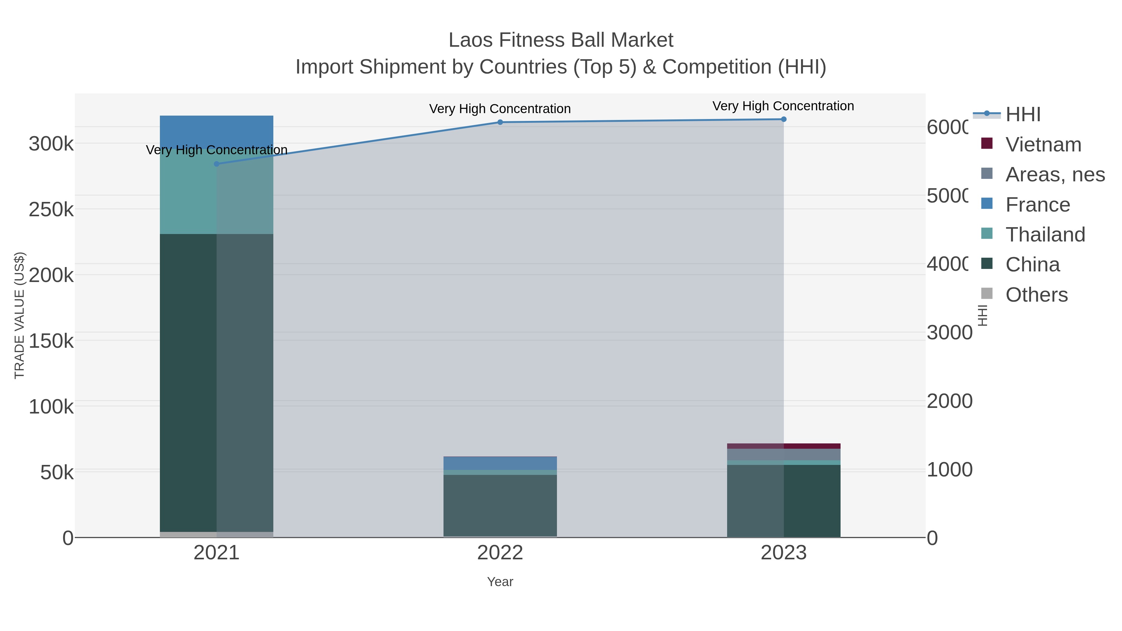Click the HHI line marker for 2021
217,164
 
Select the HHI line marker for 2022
500,122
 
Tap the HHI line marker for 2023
784,119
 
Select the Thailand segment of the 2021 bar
187,192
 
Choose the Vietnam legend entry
1043,145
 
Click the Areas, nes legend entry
1054,174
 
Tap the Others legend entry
1036,295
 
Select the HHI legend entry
1023,115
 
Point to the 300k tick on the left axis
51,144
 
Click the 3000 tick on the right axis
949,333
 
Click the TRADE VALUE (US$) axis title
20,315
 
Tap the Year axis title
500,582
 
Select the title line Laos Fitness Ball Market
561,40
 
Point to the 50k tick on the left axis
57,472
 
